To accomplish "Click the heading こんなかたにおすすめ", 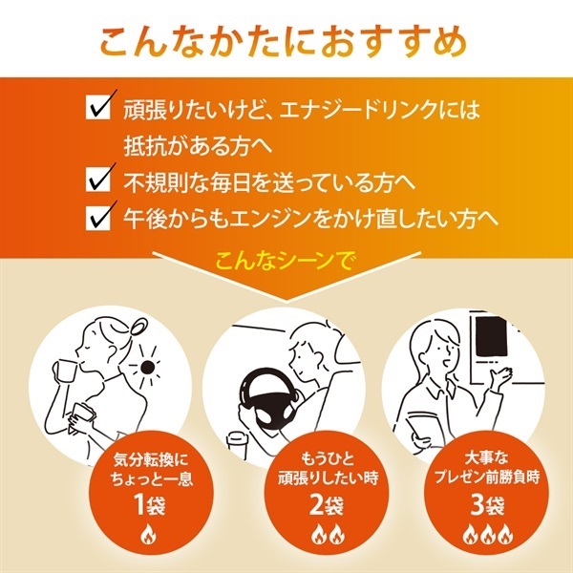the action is [x=284, y=42].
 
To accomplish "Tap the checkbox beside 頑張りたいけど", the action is [x=98, y=107].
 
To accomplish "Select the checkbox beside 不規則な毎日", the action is [x=98, y=180].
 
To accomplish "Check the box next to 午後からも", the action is [x=98, y=218].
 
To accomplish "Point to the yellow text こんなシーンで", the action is [x=284, y=262].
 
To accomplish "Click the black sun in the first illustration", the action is [x=147, y=366].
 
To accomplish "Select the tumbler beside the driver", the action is [x=235, y=445].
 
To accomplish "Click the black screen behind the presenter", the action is [x=491, y=336].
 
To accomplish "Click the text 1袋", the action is [x=150, y=504].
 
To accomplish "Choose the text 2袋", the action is [x=327, y=504].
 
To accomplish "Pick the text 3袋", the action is [x=487, y=504].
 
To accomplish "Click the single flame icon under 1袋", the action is [x=148, y=535].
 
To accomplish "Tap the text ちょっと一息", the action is [x=152, y=478].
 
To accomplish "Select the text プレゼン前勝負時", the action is [x=487, y=477].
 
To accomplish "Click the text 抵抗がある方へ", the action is [x=198, y=145].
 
